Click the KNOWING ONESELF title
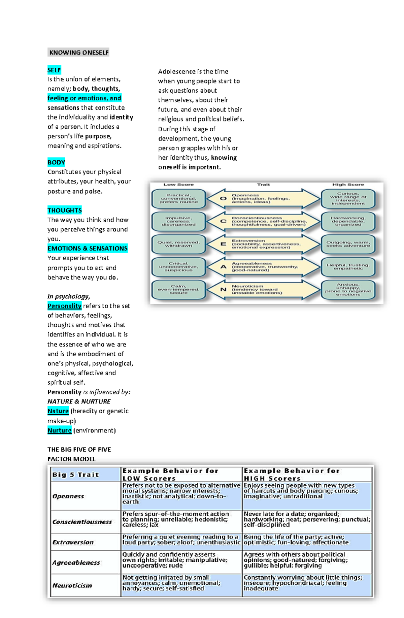(79, 52)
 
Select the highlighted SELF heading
(54, 70)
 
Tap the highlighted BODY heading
(56, 162)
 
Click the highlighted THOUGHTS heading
(65, 210)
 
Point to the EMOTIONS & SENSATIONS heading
(88, 249)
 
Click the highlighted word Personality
(64, 306)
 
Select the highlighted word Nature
(58, 411)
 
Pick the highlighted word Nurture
(59, 430)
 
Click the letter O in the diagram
(223, 198)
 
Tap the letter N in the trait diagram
(223, 289)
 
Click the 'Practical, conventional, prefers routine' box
(178, 198)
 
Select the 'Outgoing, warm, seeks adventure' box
(348, 244)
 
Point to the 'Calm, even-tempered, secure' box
(178, 290)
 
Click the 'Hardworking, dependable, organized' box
(348, 221)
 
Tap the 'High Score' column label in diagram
(348, 185)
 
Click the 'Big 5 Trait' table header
(76, 475)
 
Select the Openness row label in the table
(68, 496)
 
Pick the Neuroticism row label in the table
(72, 585)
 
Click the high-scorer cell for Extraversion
(306, 540)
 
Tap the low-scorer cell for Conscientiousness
(181, 519)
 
